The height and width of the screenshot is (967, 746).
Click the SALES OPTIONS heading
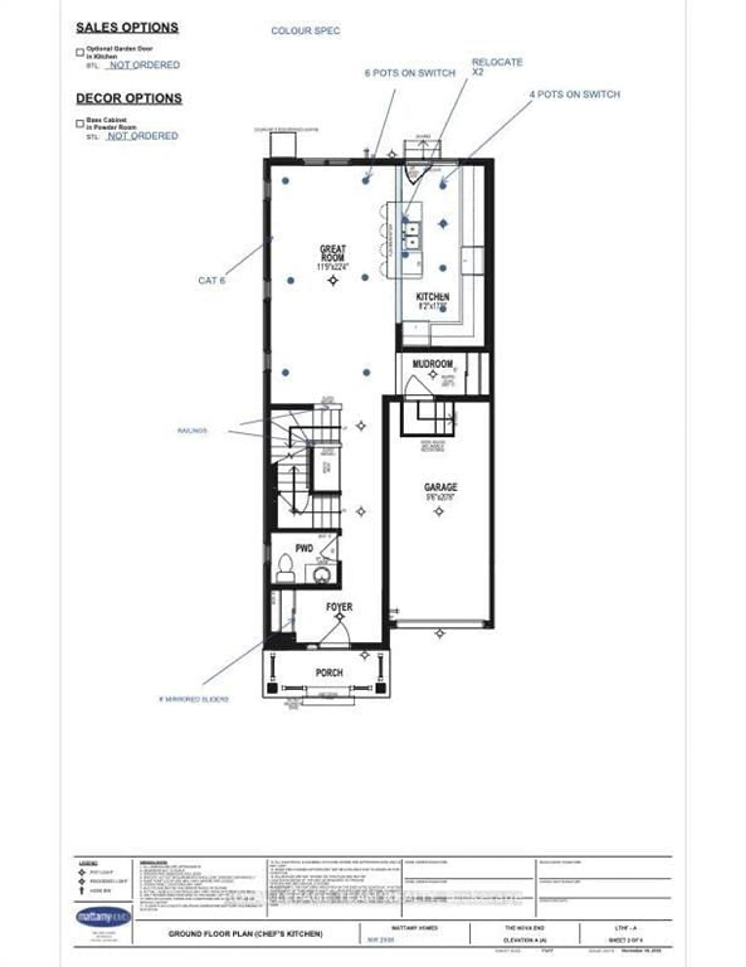coord(127,27)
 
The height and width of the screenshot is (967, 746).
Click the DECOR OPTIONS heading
coord(129,98)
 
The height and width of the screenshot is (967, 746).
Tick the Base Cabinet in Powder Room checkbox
coord(80,123)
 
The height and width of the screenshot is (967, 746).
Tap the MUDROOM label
coord(432,364)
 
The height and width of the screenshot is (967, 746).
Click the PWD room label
coord(304,549)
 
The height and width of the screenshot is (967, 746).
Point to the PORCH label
coord(329,673)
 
